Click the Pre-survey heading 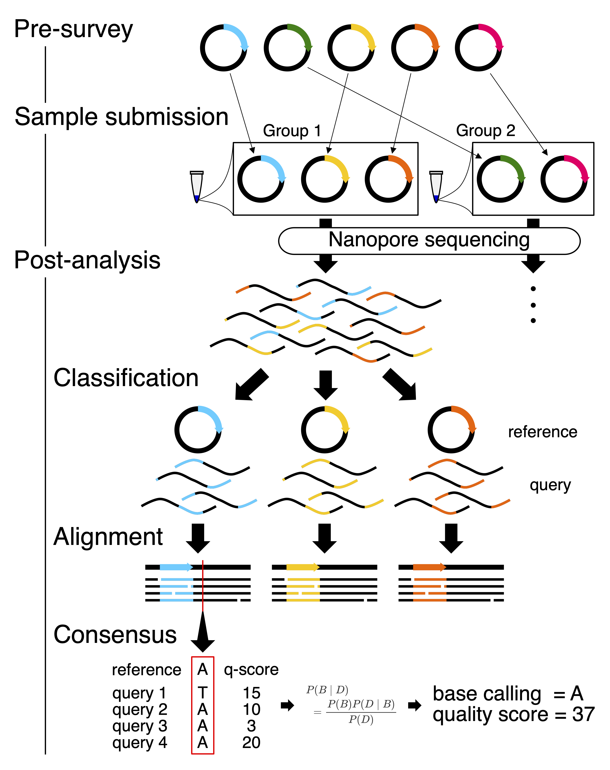click(73, 29)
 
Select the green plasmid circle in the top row click(287, 48)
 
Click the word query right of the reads click(550, 485)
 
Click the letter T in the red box click(202, 693)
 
